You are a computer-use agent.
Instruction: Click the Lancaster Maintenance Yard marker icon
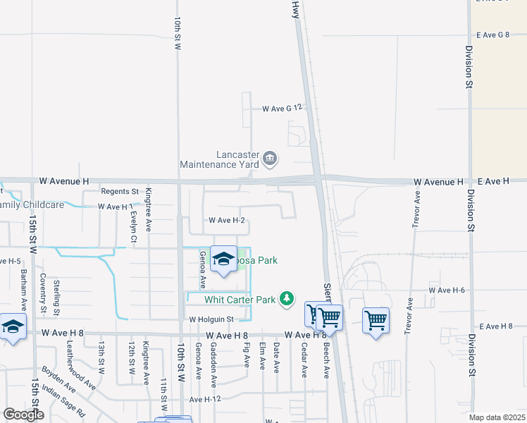click(269, 159)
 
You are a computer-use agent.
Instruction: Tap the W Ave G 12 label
click(282, 109)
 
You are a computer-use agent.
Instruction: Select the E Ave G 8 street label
click(492, 35)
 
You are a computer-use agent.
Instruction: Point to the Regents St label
click(120, 192)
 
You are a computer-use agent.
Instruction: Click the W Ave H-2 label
click(227, 221)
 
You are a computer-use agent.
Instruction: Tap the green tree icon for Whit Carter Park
click(287, 300)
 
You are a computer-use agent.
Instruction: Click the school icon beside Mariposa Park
click(224, 259)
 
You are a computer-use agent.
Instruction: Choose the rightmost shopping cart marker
click(376, 321)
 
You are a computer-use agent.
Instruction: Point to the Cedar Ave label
click(304, 360)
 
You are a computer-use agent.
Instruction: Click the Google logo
click(24, 415)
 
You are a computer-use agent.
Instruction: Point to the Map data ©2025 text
click(497, 417)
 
